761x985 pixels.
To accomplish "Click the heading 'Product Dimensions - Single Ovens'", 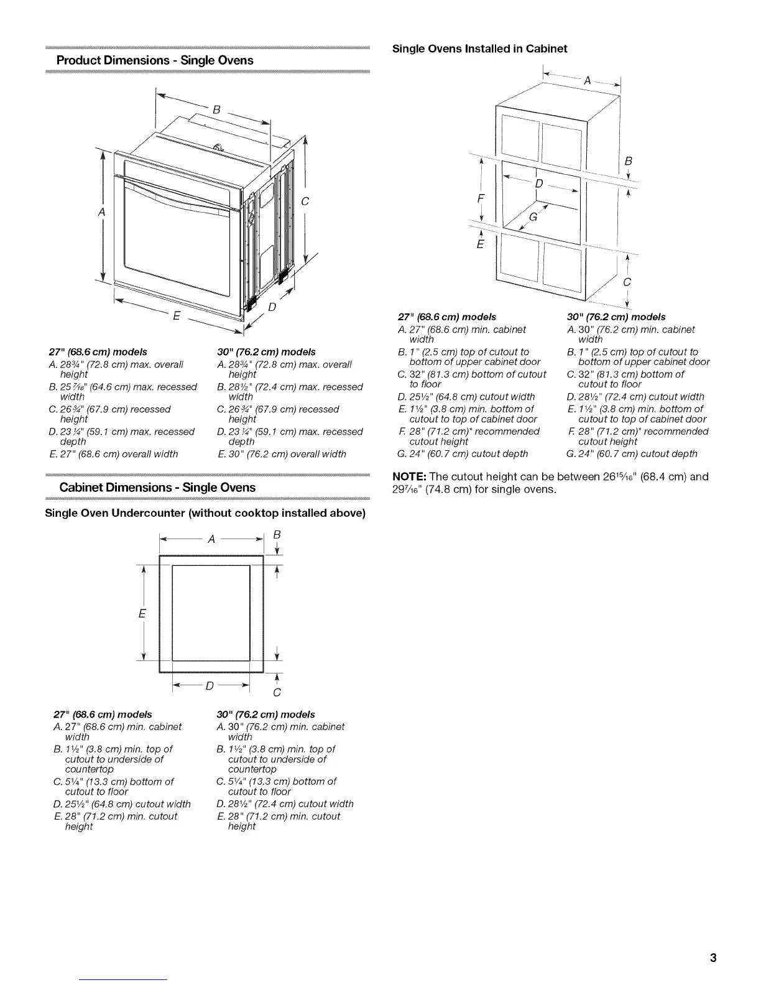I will point(155,60).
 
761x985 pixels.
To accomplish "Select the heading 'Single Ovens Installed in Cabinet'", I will point(480,49).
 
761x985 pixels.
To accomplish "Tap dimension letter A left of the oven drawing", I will point(100,213).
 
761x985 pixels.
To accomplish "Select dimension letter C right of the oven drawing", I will point(305,201).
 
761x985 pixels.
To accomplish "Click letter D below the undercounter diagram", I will point(210,686).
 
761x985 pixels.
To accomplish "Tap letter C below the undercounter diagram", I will point(277,693).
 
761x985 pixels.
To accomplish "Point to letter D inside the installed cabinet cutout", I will point(538,184).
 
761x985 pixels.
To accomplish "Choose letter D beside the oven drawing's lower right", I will point(272,307).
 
